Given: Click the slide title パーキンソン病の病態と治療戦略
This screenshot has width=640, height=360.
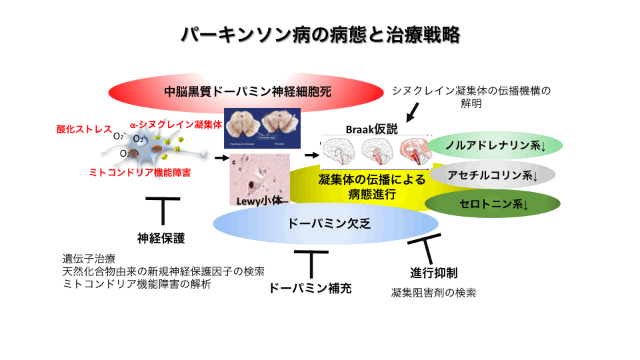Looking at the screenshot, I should pyautogui.click(x=320, y=35).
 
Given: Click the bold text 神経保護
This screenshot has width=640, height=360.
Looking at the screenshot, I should pyautogui.click(x=161, y=238).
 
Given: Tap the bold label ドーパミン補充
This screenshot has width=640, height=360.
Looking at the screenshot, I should pyautogui.click(x=310, y=288).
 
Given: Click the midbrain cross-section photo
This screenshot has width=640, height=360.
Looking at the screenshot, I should pyautogui.click(x=262, y=129).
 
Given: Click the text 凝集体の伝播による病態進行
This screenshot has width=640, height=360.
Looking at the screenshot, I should pyautogui.click(x=362, y=187).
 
